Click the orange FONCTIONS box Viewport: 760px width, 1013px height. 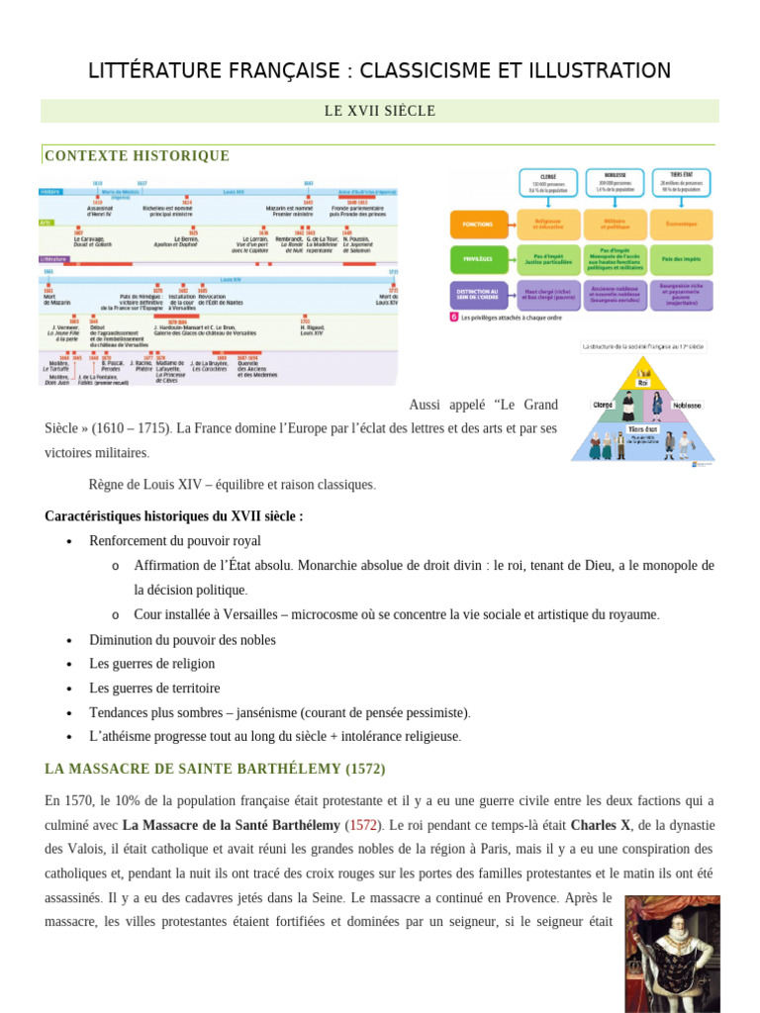click(479, 225)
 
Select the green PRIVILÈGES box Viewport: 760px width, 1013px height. click(479, 260)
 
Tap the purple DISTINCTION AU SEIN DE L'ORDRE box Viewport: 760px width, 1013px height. click(479, 295)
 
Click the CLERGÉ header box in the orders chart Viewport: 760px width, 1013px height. click(548, 184)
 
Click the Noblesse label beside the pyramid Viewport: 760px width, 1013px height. click(687, 405)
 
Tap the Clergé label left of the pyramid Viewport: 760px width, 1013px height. click(603, 405)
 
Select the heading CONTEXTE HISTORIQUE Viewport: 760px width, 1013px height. click(138, 156)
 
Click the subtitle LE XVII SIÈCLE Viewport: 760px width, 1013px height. click(380, 111)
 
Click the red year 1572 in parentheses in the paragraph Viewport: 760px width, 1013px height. click(362, 824)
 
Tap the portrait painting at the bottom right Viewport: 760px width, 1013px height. click(672, 954)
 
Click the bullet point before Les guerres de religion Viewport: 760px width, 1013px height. click(69, 664)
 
